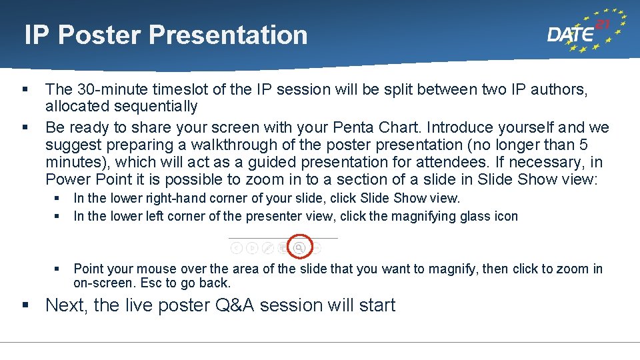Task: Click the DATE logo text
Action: tap(571, 35)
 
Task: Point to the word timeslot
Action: tap(177, 89)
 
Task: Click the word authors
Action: tap(561, 89)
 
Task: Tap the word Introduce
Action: tap(461, 127)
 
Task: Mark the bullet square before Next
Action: tap(25, 305)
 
